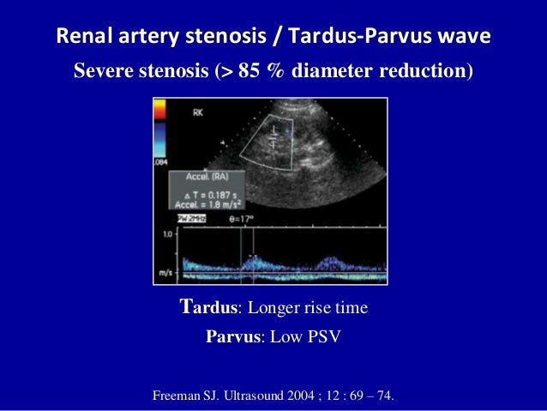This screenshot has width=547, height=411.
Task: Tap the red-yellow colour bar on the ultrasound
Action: click(159, 111)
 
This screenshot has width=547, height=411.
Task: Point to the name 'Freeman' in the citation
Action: click(182, 396)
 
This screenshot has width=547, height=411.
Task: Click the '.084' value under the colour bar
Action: click(159, 162)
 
